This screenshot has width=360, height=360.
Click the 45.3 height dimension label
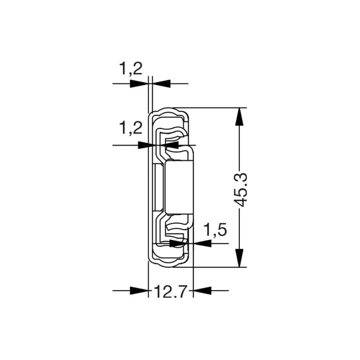[x=241, y=190]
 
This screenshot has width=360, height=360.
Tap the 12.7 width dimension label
[x=171, y=292]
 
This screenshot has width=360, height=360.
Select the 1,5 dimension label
[x=215, y=229]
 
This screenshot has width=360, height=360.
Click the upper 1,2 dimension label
[x=131, y=68]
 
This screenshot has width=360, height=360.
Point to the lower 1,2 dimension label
[x=131, y=128]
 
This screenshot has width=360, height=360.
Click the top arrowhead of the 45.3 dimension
[x=239, y=117]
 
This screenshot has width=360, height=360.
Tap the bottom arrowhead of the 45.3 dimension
[x=239, y=258]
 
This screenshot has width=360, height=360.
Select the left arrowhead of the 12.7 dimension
[x=139, y=290]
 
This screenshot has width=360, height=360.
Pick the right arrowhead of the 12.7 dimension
[x=202, y=290]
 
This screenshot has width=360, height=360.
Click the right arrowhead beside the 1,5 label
[x=202, y=243]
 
